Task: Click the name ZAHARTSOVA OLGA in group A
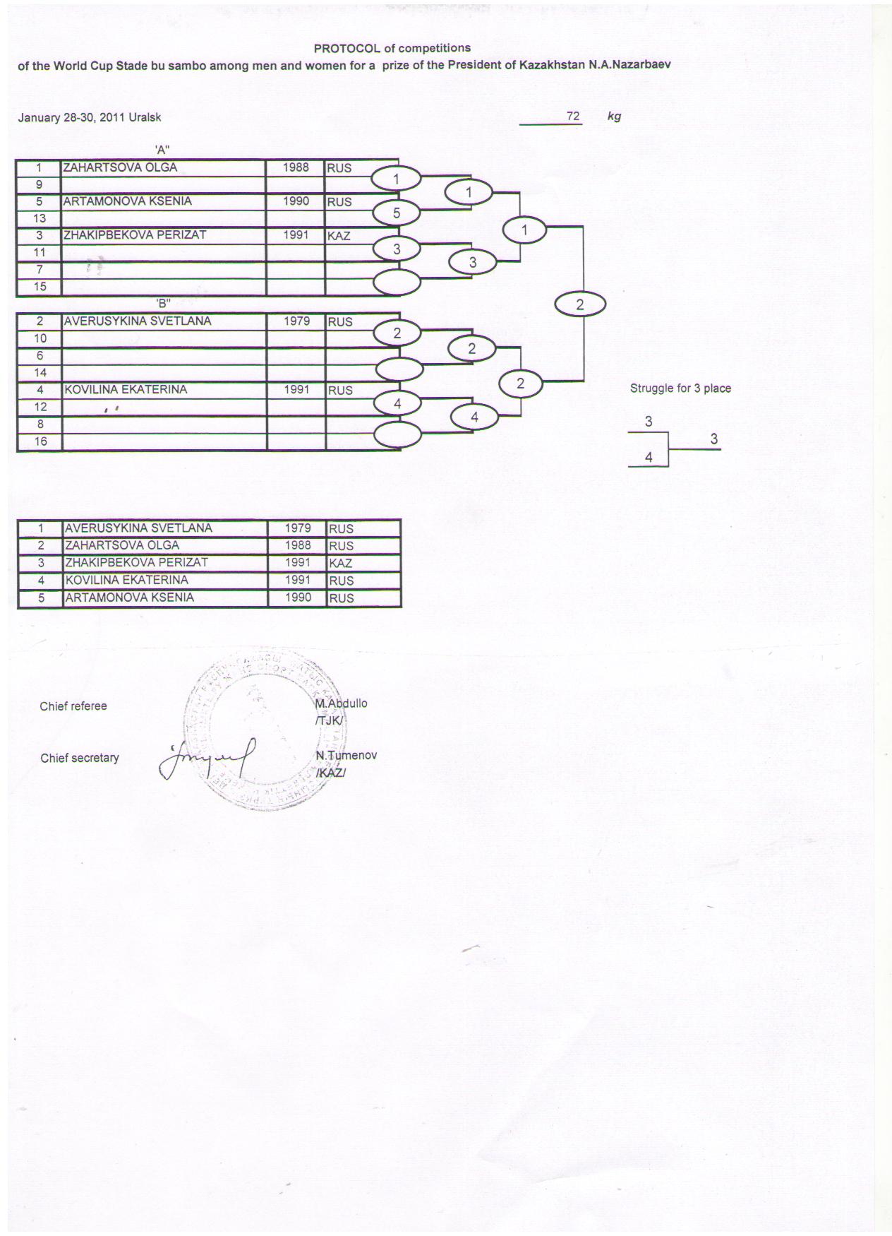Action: pyautogui.click(x=120, y=167)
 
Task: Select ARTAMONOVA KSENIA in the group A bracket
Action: pyautogui.click(x=127, y=201)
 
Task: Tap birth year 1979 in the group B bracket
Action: pyautogui.click(x=297, y=321)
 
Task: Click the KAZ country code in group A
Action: pyautogui.click(x=339, y=236)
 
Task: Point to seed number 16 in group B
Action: pyautogui.click(x=40, y=441)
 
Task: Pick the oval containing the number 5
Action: pyautogui.click(x=397, y=213)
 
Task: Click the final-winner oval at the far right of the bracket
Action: pyautogui.click(x=580, y=304)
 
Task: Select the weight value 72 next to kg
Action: pyautogui.click(x=573, y=116)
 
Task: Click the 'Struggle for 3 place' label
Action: pyautogui.click(x=680, y=388)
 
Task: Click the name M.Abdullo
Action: pyautogui.click(x=342, y=703)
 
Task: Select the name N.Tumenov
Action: pyautogui.click(x=346, y=755)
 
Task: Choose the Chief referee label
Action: pyautogui.click(x=73, y=706)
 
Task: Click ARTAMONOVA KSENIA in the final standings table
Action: pyautogui.click(x=129, y=598)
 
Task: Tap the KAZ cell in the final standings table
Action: pyautogui.click(x=341, y=564)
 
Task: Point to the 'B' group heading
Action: pyautogui.click(x=163, y=304)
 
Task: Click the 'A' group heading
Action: pyautogui.click(x=162, y=149)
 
